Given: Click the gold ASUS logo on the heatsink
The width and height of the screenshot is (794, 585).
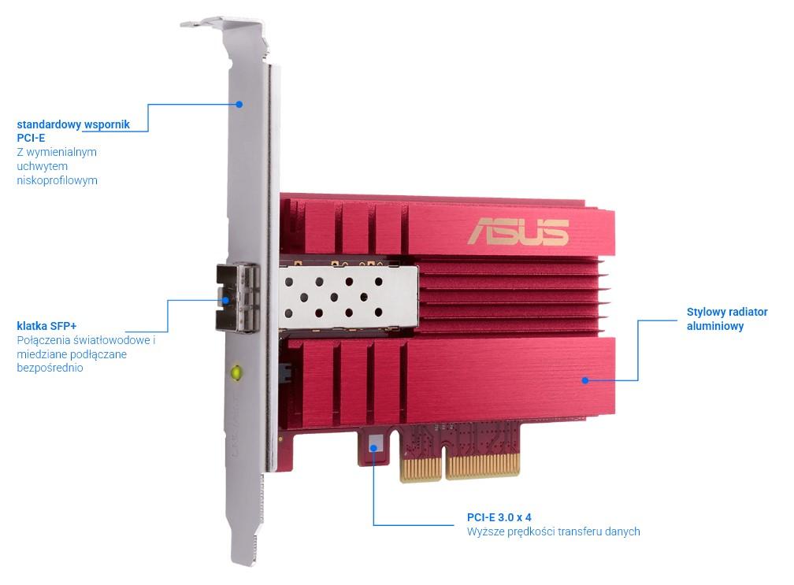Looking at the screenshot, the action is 518,231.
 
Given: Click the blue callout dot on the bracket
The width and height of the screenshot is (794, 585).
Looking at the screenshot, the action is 239,104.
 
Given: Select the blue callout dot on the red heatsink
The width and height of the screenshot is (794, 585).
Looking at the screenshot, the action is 584,380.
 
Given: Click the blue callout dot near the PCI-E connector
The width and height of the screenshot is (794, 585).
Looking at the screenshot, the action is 374,447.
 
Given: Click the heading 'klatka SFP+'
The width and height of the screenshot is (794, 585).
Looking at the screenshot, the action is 46,326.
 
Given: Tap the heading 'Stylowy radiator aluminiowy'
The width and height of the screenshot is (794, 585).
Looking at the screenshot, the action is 727,319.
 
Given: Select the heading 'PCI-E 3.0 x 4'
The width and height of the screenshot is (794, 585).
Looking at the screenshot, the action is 499,517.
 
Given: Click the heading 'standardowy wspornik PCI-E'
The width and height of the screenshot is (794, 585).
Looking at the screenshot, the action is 73,131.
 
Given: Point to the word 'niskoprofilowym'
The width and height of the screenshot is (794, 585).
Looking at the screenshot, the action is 57,180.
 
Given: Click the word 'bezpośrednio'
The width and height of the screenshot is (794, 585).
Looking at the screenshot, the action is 50,368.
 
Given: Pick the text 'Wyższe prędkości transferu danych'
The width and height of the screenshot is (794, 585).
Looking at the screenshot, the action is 554,531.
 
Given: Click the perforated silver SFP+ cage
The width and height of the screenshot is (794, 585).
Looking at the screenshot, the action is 348,298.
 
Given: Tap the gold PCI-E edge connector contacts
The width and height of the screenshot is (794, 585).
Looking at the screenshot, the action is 460,466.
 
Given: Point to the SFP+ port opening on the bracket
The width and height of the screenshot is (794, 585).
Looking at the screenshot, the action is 237,298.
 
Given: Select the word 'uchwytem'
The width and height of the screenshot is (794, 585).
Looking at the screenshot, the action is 42,166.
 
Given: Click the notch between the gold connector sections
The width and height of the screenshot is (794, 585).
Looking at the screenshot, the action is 443,461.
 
